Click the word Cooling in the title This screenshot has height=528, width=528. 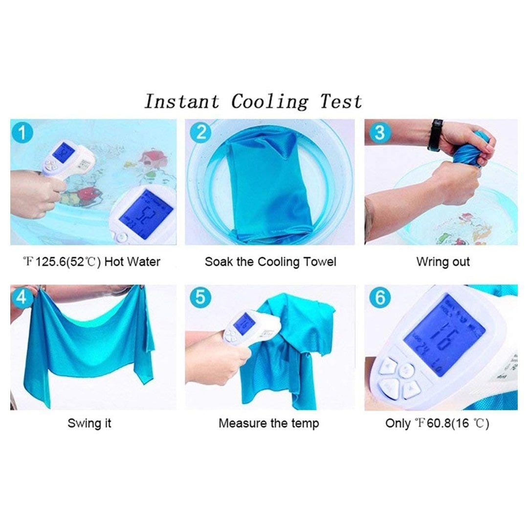pyautogui.click(x=269, y=102)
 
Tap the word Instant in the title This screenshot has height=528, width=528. pyautogui.click(x=182, y=101)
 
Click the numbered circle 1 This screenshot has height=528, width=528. pyautogui.click(x=22, y=132)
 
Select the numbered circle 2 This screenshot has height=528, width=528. pyautogui.click(x=201, y=132)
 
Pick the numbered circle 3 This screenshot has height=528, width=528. pyautogui.click(x=379, y=132)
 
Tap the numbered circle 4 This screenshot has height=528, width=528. pyautogui.click(x=21, y=297)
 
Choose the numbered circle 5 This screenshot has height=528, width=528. pyautogui.click(x=201, y=297)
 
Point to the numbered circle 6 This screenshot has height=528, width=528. pyautogui.click(x=380, y=297)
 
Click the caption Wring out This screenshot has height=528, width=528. pyautogui.click(x=443, y=262)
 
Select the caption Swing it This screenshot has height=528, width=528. pyautogui.click(x=89, y=423)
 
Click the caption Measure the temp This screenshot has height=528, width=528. pyautogui.click(x=269, y=423)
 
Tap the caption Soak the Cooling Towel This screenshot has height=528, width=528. pyautogui.click(x=270, y=262)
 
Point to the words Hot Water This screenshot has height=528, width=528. pyautogui.click(x=132, y=262)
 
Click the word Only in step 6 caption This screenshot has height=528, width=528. pyautogui.click(x=397, y=423)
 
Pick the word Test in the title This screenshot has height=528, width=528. pyautogui.click(x=341, y=101)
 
